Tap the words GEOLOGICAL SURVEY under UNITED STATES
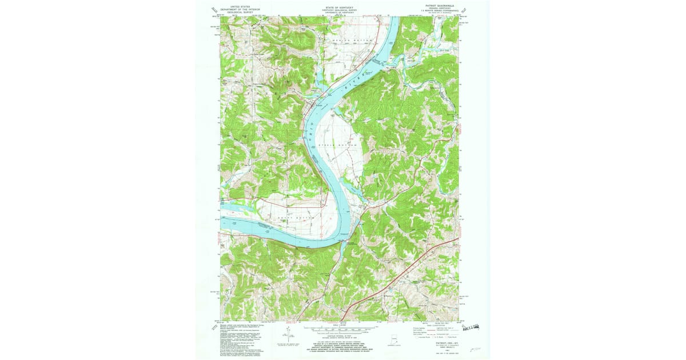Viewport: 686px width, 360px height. [241, 12]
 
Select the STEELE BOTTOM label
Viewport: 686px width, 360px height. [341, 145]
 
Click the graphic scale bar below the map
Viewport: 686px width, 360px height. [341, 329]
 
